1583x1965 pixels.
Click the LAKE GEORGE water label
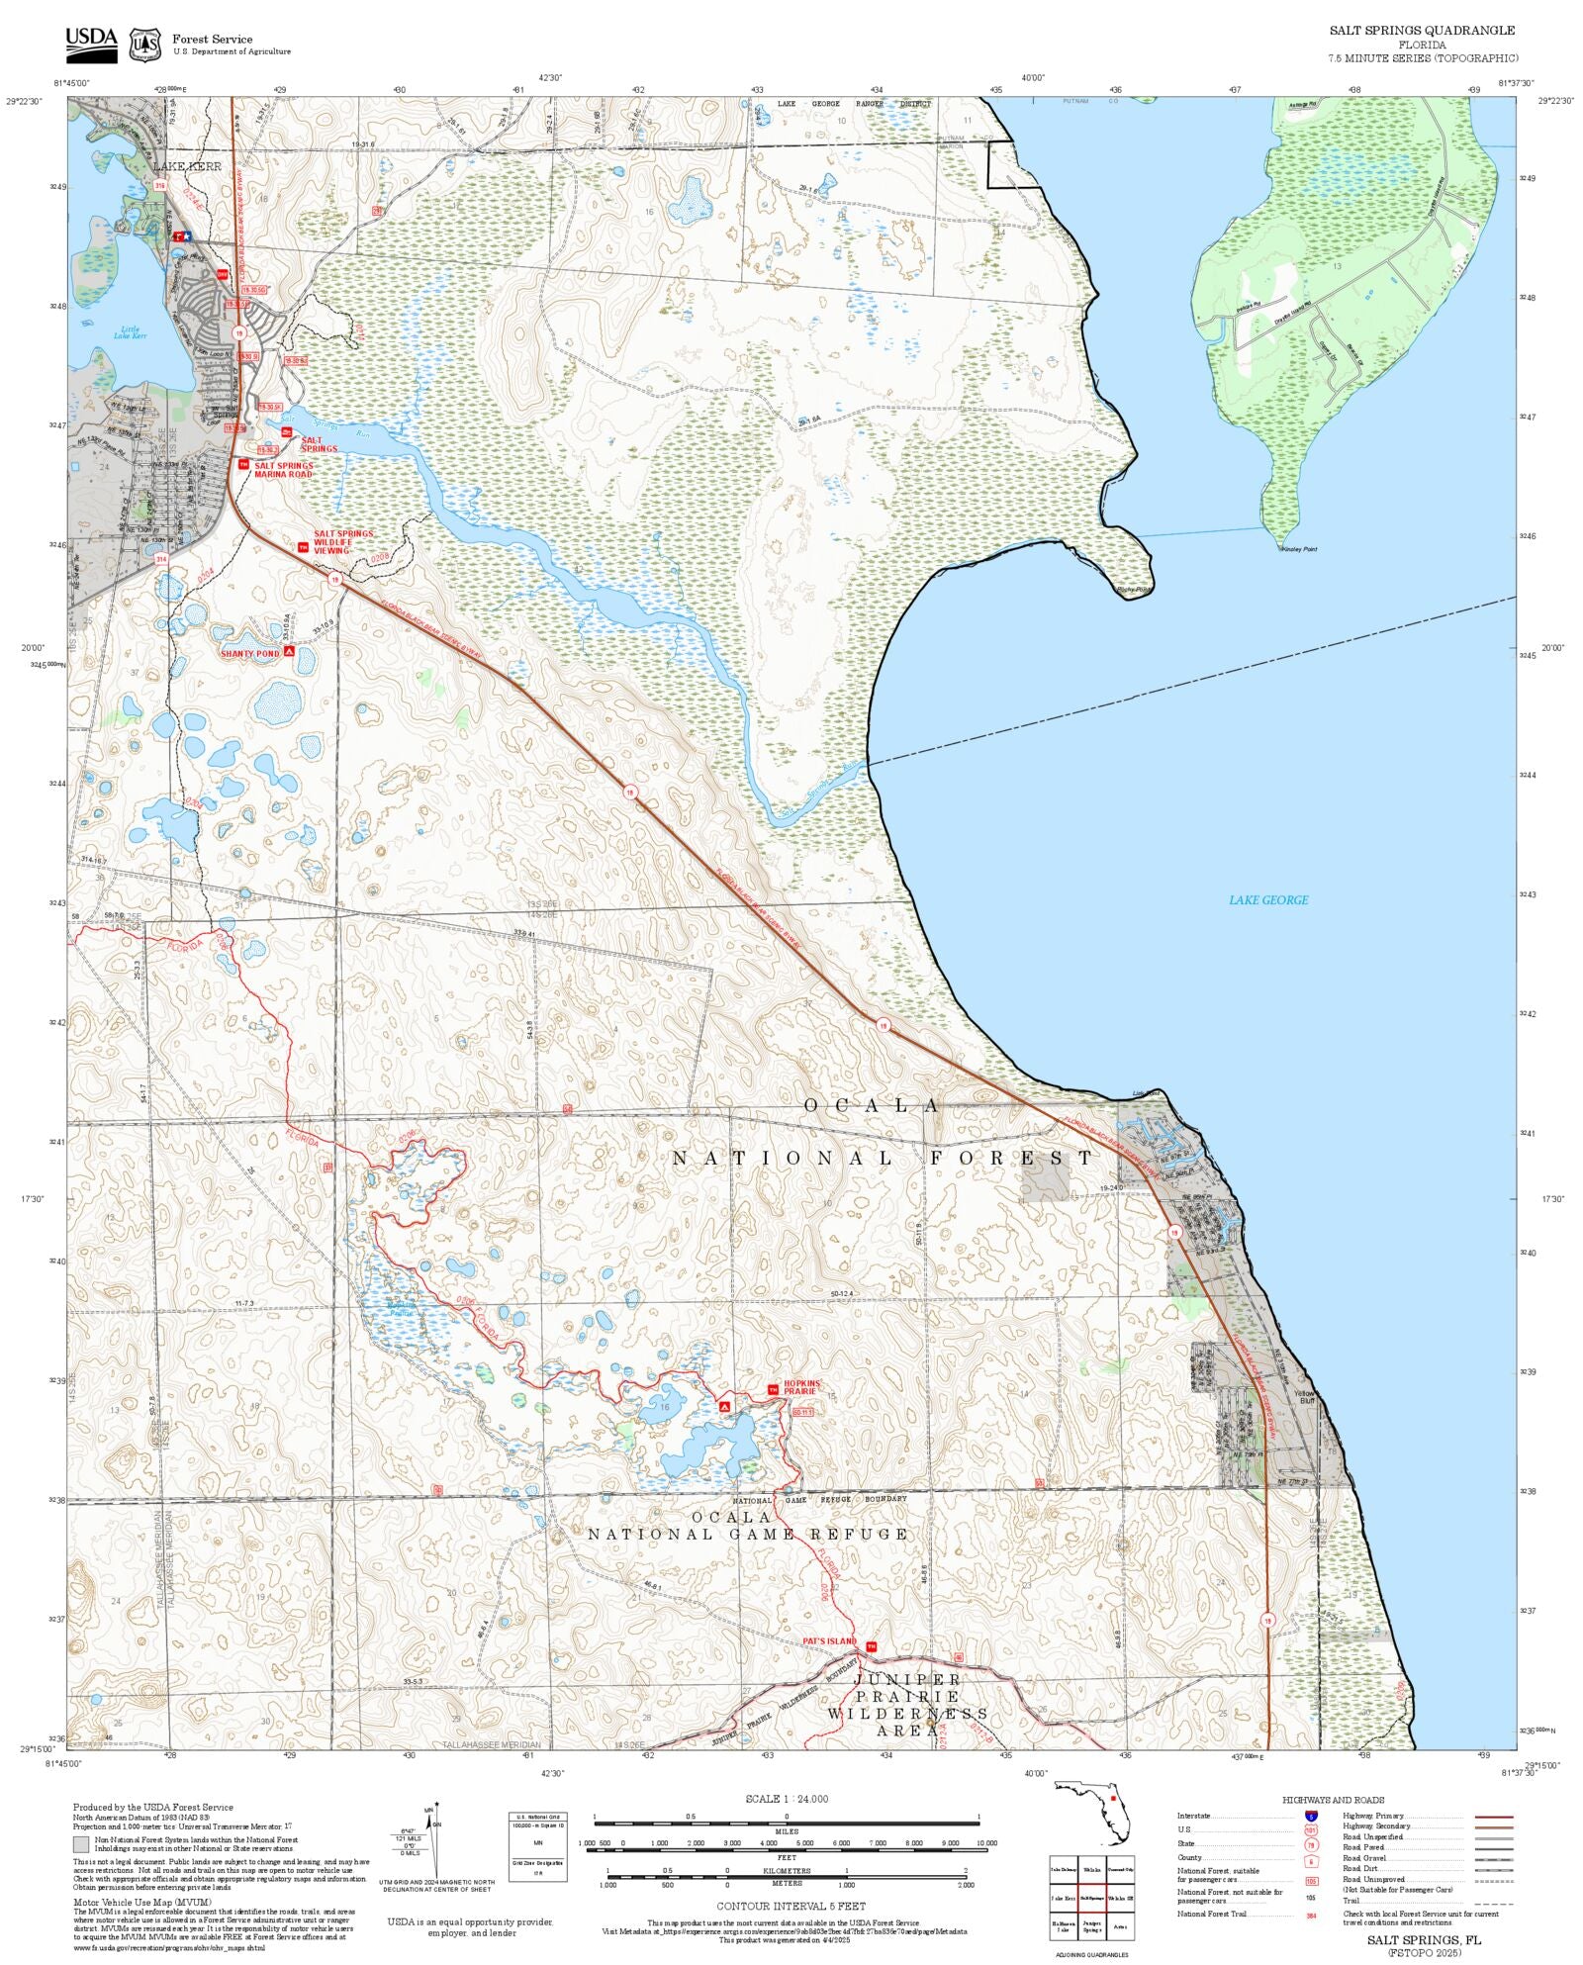(1268, 900)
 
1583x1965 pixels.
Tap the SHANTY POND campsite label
(250, 654)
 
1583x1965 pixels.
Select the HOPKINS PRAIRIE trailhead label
(802, 1387)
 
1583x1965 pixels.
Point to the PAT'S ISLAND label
(829, 1641)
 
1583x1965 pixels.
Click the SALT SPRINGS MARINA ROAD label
(283, 470)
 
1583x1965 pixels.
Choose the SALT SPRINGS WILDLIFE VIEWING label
(343, 542)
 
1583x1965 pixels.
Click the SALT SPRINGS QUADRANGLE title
(1422, 31)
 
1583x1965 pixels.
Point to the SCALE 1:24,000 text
(787, 1799)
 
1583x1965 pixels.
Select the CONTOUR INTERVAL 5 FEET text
(791, 1906)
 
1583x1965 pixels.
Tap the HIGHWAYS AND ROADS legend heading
(1333, 1800)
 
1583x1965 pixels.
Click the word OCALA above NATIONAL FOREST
(871, 1105)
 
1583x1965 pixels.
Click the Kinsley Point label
(1299, 549)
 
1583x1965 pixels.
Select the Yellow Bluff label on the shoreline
(1305, 1397)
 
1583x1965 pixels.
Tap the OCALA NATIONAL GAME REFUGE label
(747, 1526)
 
